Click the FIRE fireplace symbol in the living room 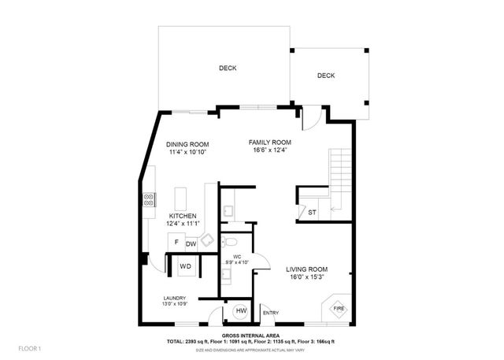[x=335, y=308]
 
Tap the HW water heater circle [x=241, y=311]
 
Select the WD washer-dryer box [x=186, y=266]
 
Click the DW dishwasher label [x=191, y=243]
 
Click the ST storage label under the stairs [x=312, y=212]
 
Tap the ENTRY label [x=270, y=313]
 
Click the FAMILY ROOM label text [x=270, y=142]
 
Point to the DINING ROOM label [x=187, y=144]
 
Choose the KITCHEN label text [x=182, y=216]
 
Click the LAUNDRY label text [x=174, y=298]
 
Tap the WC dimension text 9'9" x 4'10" [x=236, y=262]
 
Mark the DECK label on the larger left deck [x=228, y=69]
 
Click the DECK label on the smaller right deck [x=326, y=76]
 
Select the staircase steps [x=339, y=169]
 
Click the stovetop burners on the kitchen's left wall [x=147, y=200]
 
